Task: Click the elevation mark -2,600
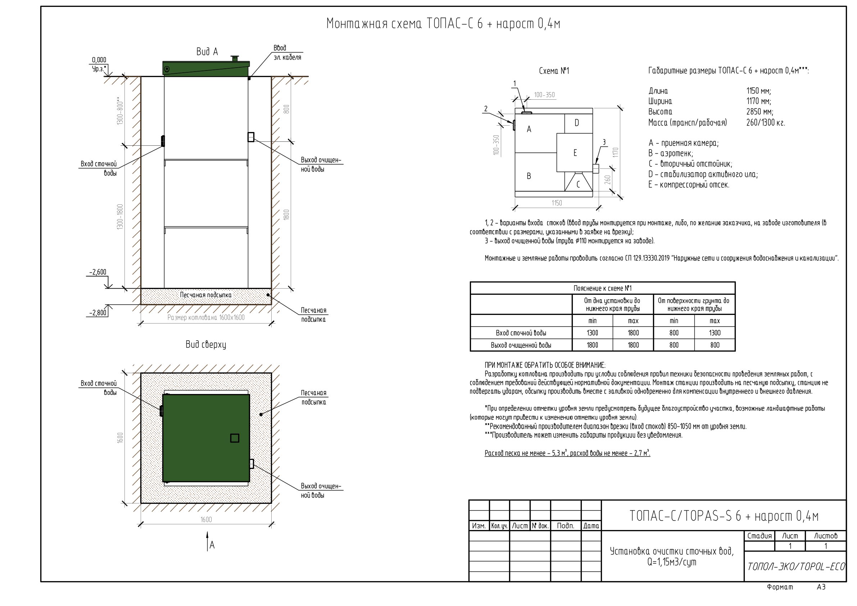point(98,272)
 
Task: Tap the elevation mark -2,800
point(98,313)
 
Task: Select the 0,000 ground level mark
point(99,60)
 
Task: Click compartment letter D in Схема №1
point(577,123)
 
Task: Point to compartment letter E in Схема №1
point(575,153)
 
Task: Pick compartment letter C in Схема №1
point(578,185)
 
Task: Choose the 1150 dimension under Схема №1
point(557,203)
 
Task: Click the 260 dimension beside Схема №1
point(608,180)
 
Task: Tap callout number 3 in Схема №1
point(604,142)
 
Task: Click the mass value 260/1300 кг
point(766,123)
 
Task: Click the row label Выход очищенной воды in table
point(521,345)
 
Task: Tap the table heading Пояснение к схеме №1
point(602,289)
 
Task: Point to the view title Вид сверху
point(206,345)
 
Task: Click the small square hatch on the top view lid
point(235,438)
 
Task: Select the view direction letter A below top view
point(212,546)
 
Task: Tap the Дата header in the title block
point(591,526)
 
